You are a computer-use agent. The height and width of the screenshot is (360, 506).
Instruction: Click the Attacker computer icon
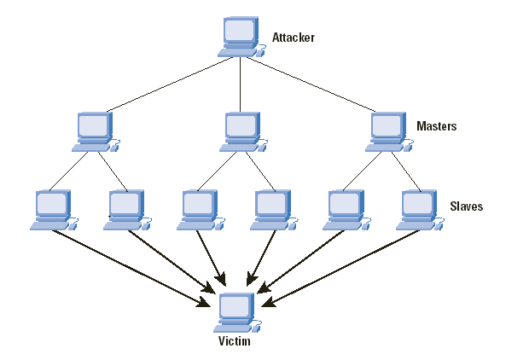241,37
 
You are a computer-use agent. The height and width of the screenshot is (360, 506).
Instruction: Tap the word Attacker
293,38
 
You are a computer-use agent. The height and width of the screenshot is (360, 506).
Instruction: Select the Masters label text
437,125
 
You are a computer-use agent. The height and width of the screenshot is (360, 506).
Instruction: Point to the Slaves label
466,206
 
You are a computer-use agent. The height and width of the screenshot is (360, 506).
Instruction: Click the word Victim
235,341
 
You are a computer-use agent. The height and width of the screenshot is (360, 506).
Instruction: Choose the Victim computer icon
237,312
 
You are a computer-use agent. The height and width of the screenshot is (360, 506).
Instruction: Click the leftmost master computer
96,132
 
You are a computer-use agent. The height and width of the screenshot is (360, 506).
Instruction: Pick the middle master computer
244,132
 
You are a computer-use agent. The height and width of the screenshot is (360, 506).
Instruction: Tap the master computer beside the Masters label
389,132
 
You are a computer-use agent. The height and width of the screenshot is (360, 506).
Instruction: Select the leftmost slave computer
55,210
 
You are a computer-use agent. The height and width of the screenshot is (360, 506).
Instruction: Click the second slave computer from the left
127,210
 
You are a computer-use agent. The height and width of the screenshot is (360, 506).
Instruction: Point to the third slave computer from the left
201,210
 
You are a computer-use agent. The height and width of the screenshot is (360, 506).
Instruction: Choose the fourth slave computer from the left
274,210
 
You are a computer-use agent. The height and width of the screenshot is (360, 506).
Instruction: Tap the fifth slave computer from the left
347,210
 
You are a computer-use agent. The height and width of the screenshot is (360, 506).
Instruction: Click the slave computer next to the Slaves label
420,210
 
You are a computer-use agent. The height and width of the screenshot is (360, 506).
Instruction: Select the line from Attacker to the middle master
240,84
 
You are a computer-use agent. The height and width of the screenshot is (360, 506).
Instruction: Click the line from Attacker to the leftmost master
170,84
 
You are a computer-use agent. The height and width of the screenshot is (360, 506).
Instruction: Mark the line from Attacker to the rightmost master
311,84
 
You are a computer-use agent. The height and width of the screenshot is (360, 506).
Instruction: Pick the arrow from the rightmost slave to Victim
340,269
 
